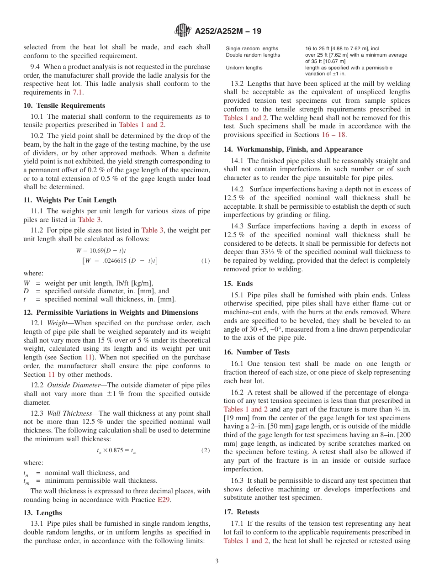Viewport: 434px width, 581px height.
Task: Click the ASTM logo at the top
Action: [183, 31]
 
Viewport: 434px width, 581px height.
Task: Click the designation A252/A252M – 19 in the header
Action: [228, 32]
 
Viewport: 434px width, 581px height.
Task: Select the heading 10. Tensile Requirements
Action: [64, 106]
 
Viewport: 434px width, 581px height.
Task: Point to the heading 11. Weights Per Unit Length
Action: [70, 200]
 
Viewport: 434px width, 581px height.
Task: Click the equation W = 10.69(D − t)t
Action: [101, 251]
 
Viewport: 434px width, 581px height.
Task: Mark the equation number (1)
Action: [206, 261]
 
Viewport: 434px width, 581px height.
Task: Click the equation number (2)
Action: [206, 450]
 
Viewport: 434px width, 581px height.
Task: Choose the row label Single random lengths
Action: [252, 48]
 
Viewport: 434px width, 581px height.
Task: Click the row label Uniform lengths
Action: [244, 68]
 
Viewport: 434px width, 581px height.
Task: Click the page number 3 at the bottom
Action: [217, 561]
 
